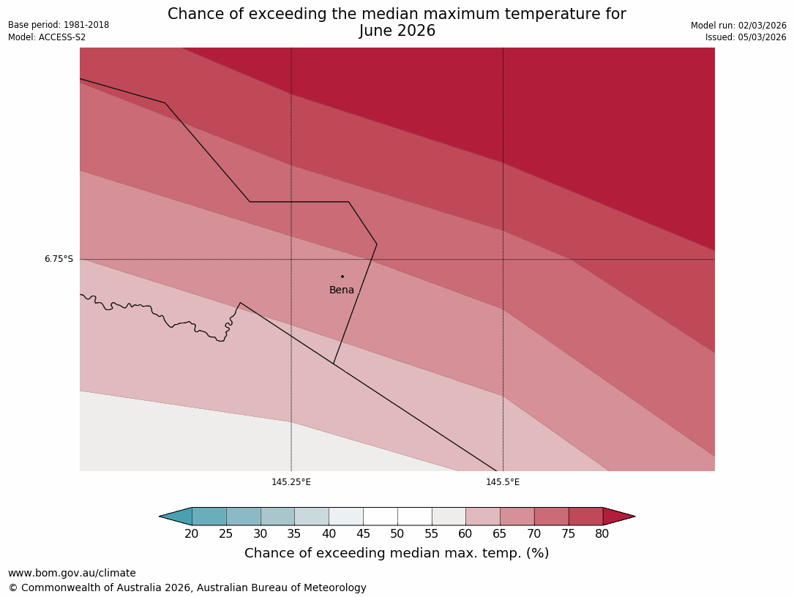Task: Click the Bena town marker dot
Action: tap(342, 277)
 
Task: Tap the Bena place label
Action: tap(342, 290)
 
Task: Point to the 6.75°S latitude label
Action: tap(59, 259)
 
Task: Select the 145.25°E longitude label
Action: tap(291, 482)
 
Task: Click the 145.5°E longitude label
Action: tap(503, 482)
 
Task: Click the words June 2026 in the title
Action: tap(397, 31)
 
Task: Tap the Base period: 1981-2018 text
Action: tap(59, 25)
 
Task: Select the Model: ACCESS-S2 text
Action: tap(47, 37)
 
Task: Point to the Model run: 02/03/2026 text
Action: tap(738, 26)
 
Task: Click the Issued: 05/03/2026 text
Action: tap(746, 37)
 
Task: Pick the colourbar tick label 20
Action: tap(192, 534)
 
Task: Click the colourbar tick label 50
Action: tap(397, 534)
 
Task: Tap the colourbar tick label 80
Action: tap(602, 534)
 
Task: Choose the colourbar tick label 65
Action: tap(500, 534)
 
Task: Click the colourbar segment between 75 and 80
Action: tap(585, 517)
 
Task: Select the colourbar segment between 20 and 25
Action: tap(209, 517)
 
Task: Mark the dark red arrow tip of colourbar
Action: tap(618, 517)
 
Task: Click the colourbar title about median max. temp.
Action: tap(397, 554)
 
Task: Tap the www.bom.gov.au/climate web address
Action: tap(72, 574)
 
